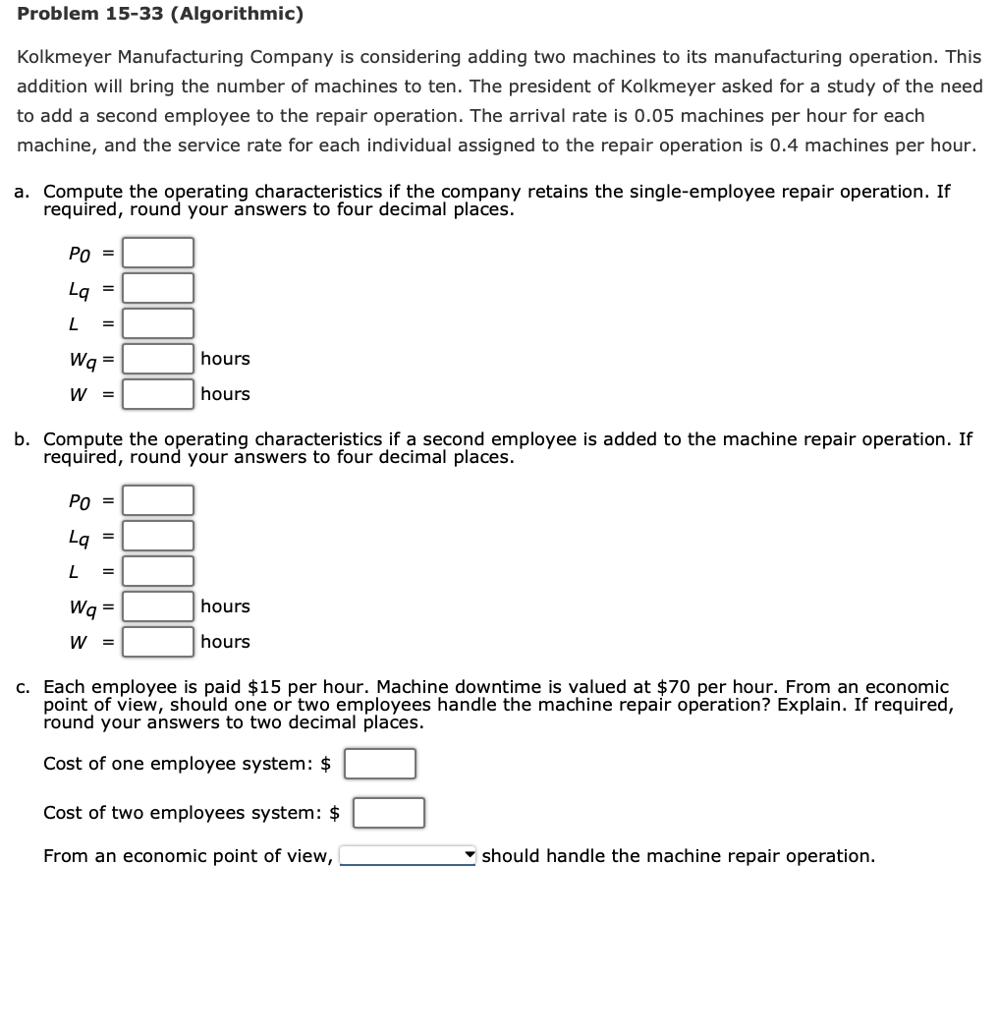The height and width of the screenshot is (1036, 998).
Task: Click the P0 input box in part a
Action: click(158, 253)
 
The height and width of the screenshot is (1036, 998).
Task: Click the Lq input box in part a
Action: click(158, 288)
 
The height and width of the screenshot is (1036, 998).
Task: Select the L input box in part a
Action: click(158, 323)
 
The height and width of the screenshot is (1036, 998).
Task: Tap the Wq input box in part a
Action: click(158, 359)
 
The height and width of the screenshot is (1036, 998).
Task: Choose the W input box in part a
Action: click(158, 394)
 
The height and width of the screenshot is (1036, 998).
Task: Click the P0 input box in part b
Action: click(158, 500)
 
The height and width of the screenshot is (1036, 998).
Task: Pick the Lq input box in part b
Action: click(158, 536)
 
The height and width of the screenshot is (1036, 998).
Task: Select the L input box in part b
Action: click(158, 571)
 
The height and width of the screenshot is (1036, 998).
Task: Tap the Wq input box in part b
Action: click(158, 606)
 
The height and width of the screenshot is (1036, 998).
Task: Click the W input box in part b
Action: click(158, 642)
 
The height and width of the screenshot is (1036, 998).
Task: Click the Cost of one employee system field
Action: click(379, 764)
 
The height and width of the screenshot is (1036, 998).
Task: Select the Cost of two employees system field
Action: click(389, 813)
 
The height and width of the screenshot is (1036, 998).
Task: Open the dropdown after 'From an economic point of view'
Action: click(408, 855)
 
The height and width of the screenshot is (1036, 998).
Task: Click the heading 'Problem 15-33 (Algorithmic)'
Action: click(160, 15)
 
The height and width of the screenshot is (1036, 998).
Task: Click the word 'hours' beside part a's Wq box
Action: click(225, 359)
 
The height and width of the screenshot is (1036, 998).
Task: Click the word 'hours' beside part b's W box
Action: click(225, 642)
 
